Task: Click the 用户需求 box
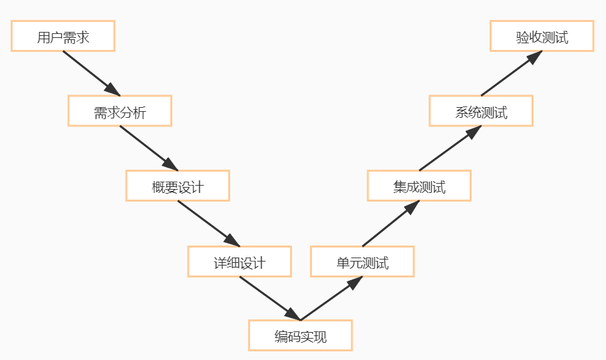[63, 36]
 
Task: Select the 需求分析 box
[120, 111]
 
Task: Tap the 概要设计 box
[178, 186]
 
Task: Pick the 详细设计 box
[239, 262]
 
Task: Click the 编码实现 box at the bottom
[300, 335]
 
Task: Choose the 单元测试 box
[363, 262]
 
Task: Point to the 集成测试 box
[419, 186]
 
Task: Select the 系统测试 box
[481, 111]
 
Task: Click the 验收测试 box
[542, 36]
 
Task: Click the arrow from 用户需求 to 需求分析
[90, 73]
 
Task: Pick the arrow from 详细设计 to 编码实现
[268, 297]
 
